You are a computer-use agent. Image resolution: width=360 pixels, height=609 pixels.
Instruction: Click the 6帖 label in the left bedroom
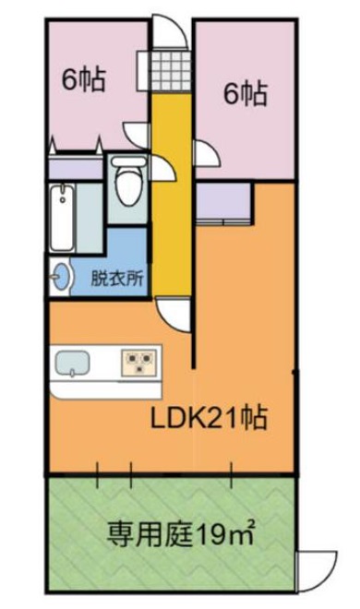click(84, 79)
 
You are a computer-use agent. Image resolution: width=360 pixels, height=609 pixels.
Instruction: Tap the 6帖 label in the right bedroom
click(246, 93)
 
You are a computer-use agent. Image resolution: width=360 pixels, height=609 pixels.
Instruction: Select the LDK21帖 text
click(209, 417)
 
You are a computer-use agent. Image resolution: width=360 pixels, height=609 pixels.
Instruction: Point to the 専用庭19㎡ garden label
click(181, 533)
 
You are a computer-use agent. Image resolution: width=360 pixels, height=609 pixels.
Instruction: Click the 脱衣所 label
click(117, 279)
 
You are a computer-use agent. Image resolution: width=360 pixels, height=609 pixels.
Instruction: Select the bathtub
click(62, 218)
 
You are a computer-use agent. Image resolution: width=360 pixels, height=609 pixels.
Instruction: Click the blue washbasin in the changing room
click(62, 277)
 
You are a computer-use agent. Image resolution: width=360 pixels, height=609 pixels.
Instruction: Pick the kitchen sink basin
click(73, 364)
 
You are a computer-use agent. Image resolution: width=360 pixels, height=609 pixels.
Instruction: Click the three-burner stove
click(139, 363)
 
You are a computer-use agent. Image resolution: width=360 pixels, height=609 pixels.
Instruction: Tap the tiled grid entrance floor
click(171, 70)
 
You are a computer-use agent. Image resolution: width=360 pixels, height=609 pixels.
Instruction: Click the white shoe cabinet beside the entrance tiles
click(142, 71)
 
